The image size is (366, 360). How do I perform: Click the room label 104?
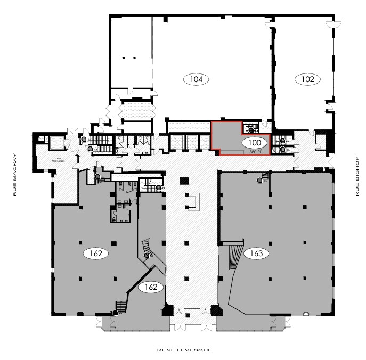click(x=196, y=79)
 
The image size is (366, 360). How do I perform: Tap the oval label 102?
click(x=308, y=79)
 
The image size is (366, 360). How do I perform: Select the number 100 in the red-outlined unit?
click(x=254, y=143)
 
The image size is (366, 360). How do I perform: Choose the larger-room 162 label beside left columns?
click(x=96, y=253)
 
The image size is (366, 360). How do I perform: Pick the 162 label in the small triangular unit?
click(x=151, y=287)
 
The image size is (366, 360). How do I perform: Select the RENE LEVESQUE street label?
click(x=184, y=350)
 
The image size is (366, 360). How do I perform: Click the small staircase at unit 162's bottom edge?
click(x=121, y=307)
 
